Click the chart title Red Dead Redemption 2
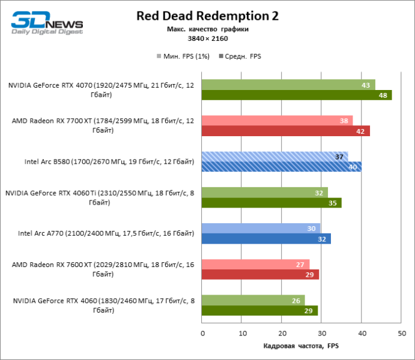[x=207, y=15]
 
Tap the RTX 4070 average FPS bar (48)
[x=297, y=95]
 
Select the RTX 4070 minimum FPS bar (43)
[x=288, y=85]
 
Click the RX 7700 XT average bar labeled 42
[x=286, y=131]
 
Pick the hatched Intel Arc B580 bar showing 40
[x=282, y=167]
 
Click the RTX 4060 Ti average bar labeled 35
[x=271, y=203]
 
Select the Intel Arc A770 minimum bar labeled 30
[x=261, y=228]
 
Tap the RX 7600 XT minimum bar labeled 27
[x=256, y=264]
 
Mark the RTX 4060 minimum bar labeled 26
[x=253, y=300]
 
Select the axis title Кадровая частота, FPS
[x=301, y=346]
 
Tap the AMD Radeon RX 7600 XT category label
[x=102, y=269]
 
